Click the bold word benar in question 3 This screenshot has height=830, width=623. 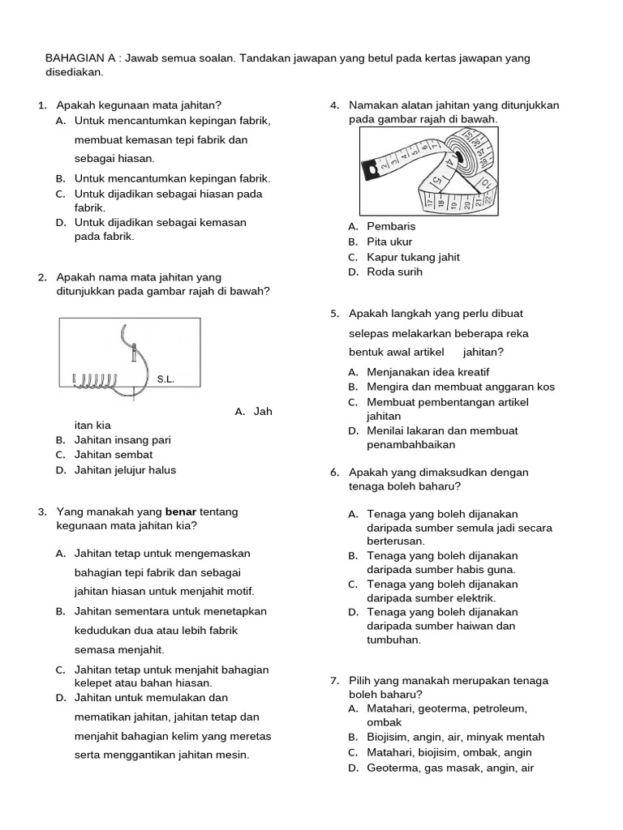click(x=181, y=512)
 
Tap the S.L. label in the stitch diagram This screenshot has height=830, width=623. click(x=165, y=379)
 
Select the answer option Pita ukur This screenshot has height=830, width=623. click(x=389, y=242)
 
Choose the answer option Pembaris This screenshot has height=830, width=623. click(x=391, y=226)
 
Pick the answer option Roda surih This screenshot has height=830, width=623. click(x=394, y=272)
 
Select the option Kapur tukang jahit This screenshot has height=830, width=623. click(x=413, y=257)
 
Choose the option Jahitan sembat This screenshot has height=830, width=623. click(x=113, y=455)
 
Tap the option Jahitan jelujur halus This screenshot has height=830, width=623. click(x=125, y=470)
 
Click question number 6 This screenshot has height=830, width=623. click(x=333, y=473)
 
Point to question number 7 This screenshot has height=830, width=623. click(x=333, y=681)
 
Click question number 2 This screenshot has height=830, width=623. click(x=41, y=277)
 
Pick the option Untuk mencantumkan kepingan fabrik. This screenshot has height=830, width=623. click(x=172, y=178)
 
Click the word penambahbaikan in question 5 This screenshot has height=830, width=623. click(x=411, y=445)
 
